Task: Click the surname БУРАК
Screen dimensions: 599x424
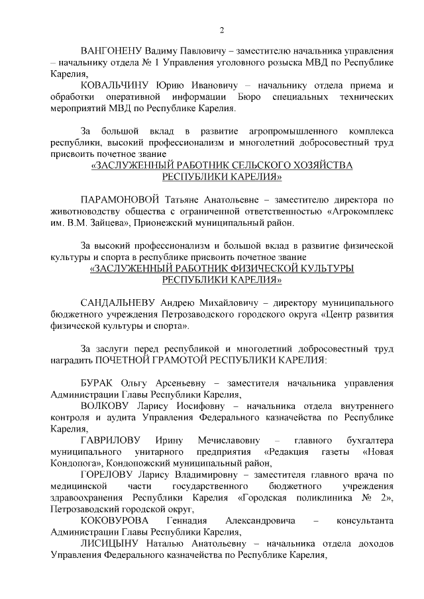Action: (97, 384)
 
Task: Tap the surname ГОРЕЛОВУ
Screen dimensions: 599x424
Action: (108, 475)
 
